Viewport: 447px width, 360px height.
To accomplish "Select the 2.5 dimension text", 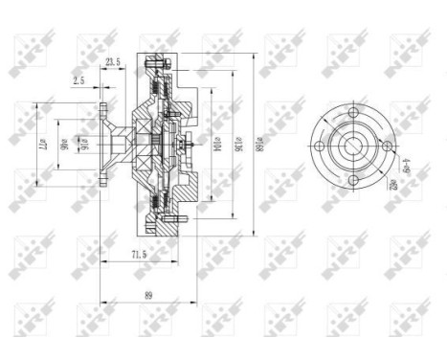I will (79, 82).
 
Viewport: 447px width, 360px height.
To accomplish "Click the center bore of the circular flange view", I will (352, 146).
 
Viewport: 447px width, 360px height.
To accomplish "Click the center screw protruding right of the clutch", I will (192, 147).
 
